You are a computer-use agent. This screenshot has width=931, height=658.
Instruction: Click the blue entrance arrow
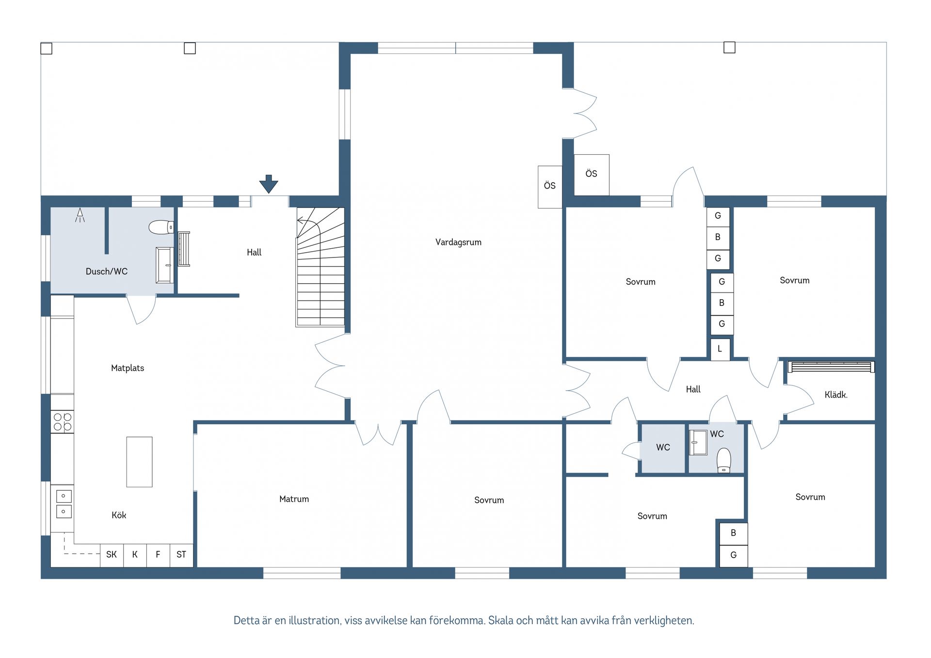tap(269, 184)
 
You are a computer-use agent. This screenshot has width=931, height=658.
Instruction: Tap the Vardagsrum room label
tap(458, 242)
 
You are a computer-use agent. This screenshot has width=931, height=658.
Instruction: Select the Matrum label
tap(294, 499)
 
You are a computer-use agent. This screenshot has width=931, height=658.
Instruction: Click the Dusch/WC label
tap(107, 272)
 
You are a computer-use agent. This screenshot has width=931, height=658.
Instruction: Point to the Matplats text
tap(128, 368)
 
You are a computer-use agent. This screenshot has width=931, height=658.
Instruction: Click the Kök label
tap(119, 515)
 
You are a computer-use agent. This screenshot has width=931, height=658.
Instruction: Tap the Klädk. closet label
tap(836, 395)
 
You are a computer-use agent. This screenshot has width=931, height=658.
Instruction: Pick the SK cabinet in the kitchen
tap(112, 555)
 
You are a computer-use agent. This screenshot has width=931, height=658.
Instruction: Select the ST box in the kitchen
tap(181, 555)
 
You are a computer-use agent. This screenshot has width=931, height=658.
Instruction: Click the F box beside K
tap(158, 555)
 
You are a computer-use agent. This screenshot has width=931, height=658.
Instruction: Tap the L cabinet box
tap(720, 349)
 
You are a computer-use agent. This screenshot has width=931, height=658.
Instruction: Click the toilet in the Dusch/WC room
tap(161, 227)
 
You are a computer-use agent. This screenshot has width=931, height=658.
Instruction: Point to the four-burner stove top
tap(63, 422)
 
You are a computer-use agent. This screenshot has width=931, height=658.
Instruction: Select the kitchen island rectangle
tap(140, 462)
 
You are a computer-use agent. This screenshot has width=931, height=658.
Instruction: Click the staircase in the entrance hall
tap(321, 267)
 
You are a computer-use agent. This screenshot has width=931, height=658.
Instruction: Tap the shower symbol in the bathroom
tap(80, 215)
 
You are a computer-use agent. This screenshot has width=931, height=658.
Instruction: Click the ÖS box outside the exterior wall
tap(592, 175)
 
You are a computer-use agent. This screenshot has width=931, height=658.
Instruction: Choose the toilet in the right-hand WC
tap(723, 460)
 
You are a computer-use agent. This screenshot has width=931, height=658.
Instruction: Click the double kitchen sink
tap(64, 504)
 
